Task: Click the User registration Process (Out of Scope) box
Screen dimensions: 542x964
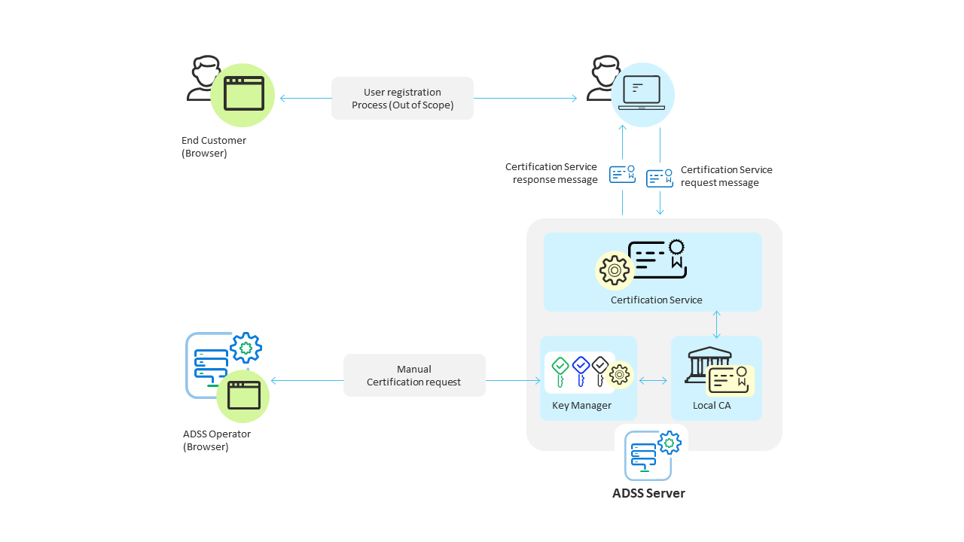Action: pos(402,98)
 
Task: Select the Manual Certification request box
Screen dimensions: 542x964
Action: pos(414,376)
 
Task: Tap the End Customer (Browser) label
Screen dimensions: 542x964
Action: pos(214,147)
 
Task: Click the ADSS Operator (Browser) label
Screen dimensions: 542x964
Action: pos(217,440)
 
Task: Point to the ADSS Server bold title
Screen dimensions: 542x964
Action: pos(648,494)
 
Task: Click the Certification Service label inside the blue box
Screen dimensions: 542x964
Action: pos(656,300)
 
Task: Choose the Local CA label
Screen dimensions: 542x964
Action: pos(712,406)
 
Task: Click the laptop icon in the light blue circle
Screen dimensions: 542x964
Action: pos(642,94)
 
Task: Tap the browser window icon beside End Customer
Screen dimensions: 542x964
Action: pos(243,94)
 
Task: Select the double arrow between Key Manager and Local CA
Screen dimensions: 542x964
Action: pos(653,381)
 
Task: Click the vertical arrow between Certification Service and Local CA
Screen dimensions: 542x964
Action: pos(716,324)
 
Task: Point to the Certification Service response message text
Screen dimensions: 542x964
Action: pos(552,173)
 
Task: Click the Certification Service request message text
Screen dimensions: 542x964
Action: pos(726,176)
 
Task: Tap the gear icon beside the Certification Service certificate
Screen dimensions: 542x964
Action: pos(614,270)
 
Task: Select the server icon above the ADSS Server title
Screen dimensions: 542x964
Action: pos(648,456)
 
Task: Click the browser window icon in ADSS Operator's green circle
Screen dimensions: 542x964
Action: pos(243,395)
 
